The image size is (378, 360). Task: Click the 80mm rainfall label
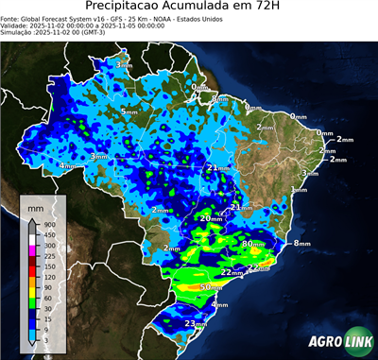(x=252, y=243)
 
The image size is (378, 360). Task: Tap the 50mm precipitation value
(x=212, y=286)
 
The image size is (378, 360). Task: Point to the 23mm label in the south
(x=195, y=324)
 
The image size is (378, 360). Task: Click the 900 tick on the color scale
(x=49, y=224)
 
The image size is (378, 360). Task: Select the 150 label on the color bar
(x=49, y=266)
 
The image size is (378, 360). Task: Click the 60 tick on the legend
(x=47, y=298)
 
